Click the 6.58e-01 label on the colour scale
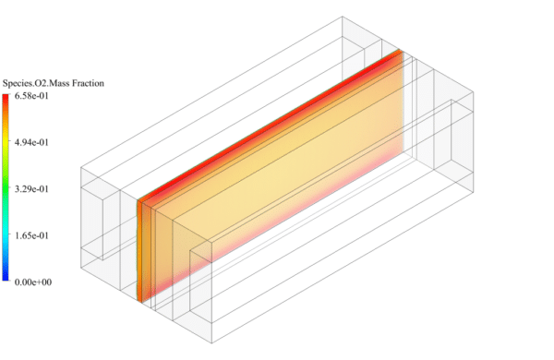pos(30,95)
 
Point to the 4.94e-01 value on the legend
pos(30,142)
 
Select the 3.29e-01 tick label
pos(30,189)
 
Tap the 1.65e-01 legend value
pos(30,236)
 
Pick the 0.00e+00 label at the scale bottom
pos(30,282)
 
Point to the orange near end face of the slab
pos(141,249)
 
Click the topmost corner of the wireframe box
pos(342,17)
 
